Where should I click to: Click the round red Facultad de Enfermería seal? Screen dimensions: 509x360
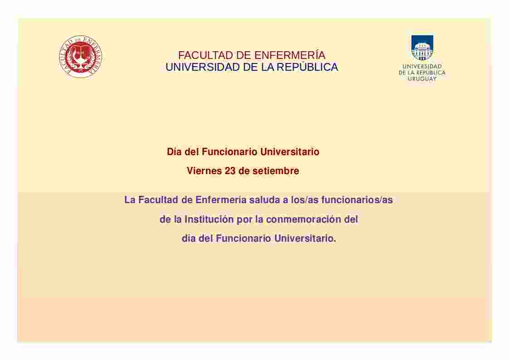coord(81,57)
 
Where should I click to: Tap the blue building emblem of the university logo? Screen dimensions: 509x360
coord(422,48)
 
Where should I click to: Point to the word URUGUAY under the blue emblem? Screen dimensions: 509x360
coord(422,79)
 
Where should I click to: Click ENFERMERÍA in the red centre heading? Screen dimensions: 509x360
coord(290,55)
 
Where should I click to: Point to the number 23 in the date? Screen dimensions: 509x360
coord(230,171)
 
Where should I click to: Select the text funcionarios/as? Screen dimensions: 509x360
coord(357,199)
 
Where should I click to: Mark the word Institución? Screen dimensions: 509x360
coord(209,219)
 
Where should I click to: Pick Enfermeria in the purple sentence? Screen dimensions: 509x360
coord(221,199)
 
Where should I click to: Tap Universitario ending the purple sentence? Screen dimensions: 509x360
coord(305,238)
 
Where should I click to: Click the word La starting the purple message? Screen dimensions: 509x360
coord(130,199)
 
